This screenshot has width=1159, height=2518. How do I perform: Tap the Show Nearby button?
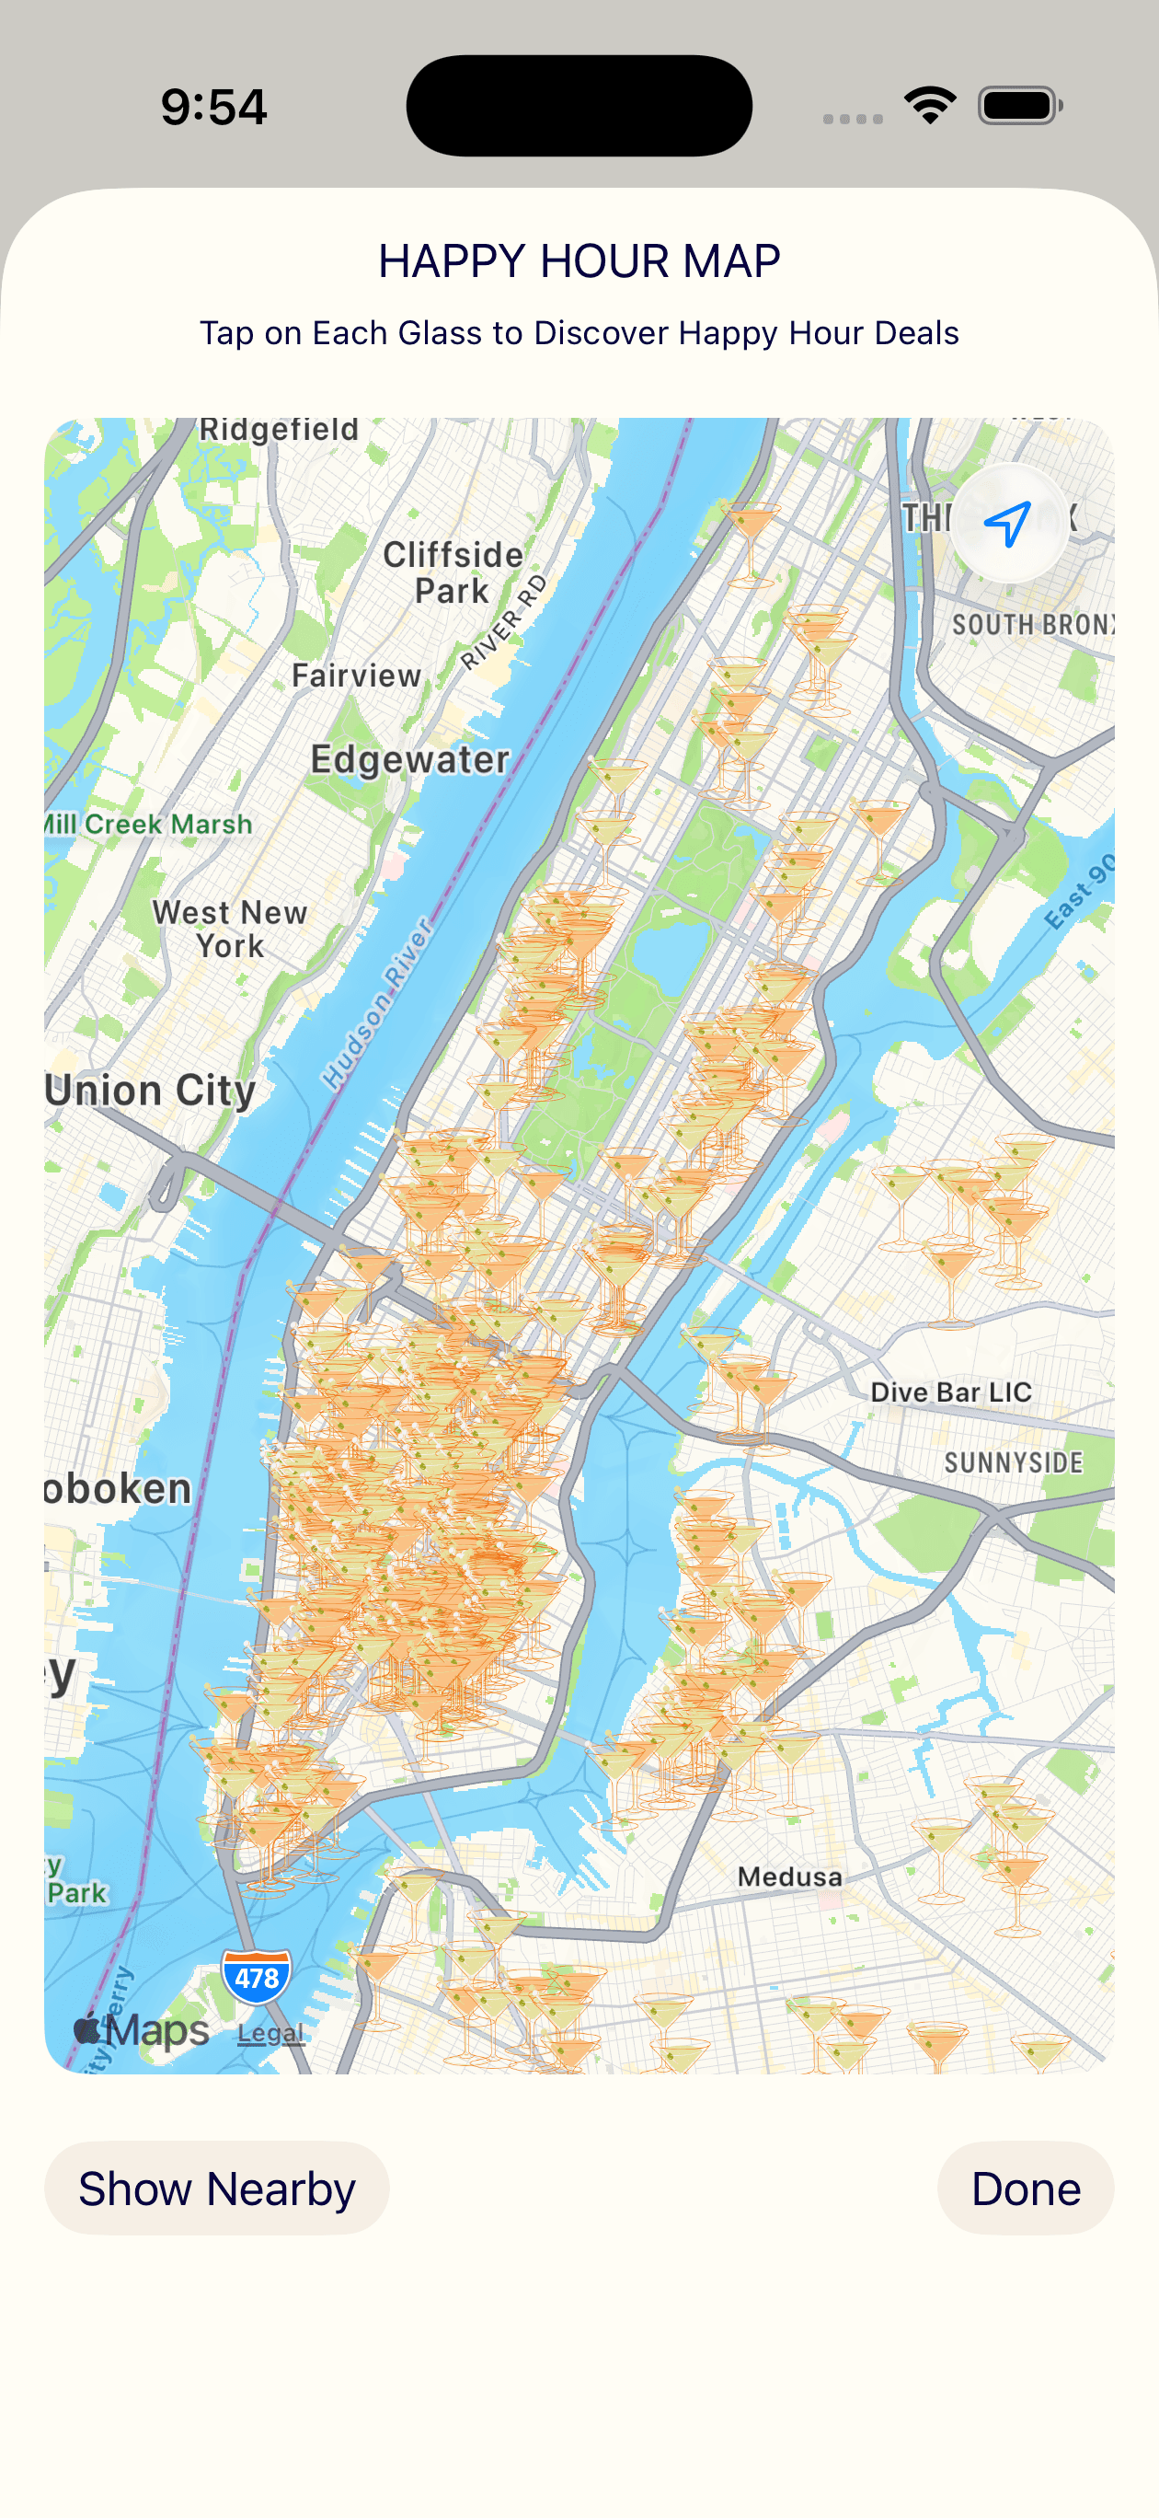click(216, 2189)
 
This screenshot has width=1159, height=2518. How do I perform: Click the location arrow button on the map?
click(1007, 523)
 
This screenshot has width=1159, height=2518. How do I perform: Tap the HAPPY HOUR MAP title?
click(579, 261)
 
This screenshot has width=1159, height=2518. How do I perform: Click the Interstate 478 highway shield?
click(256, 1977)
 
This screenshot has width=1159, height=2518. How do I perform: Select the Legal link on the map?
click(270, 2033)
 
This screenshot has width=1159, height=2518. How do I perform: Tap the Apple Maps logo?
click(142, 2029)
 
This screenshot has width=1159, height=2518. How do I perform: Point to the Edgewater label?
click(409, 759)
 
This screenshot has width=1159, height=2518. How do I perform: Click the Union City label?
click(151, 1090)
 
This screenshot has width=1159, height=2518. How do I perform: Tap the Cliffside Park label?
click(453, 572)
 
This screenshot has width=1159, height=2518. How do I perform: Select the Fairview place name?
click(357, 676)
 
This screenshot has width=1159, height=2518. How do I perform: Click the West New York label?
click(230, 929)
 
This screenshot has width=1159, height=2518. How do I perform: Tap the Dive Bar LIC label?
click(951, 1392)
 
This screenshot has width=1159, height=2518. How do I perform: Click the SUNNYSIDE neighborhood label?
click(1014, 1462)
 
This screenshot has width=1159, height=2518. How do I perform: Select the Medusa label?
click(789, 1877)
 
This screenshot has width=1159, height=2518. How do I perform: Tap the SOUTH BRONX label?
click(1031, 625)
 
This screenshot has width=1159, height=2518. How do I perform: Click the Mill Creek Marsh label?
click(148, 824)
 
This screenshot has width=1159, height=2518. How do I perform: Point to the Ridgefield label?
click(279, 430)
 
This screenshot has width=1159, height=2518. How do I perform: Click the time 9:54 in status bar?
click(214, 107)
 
